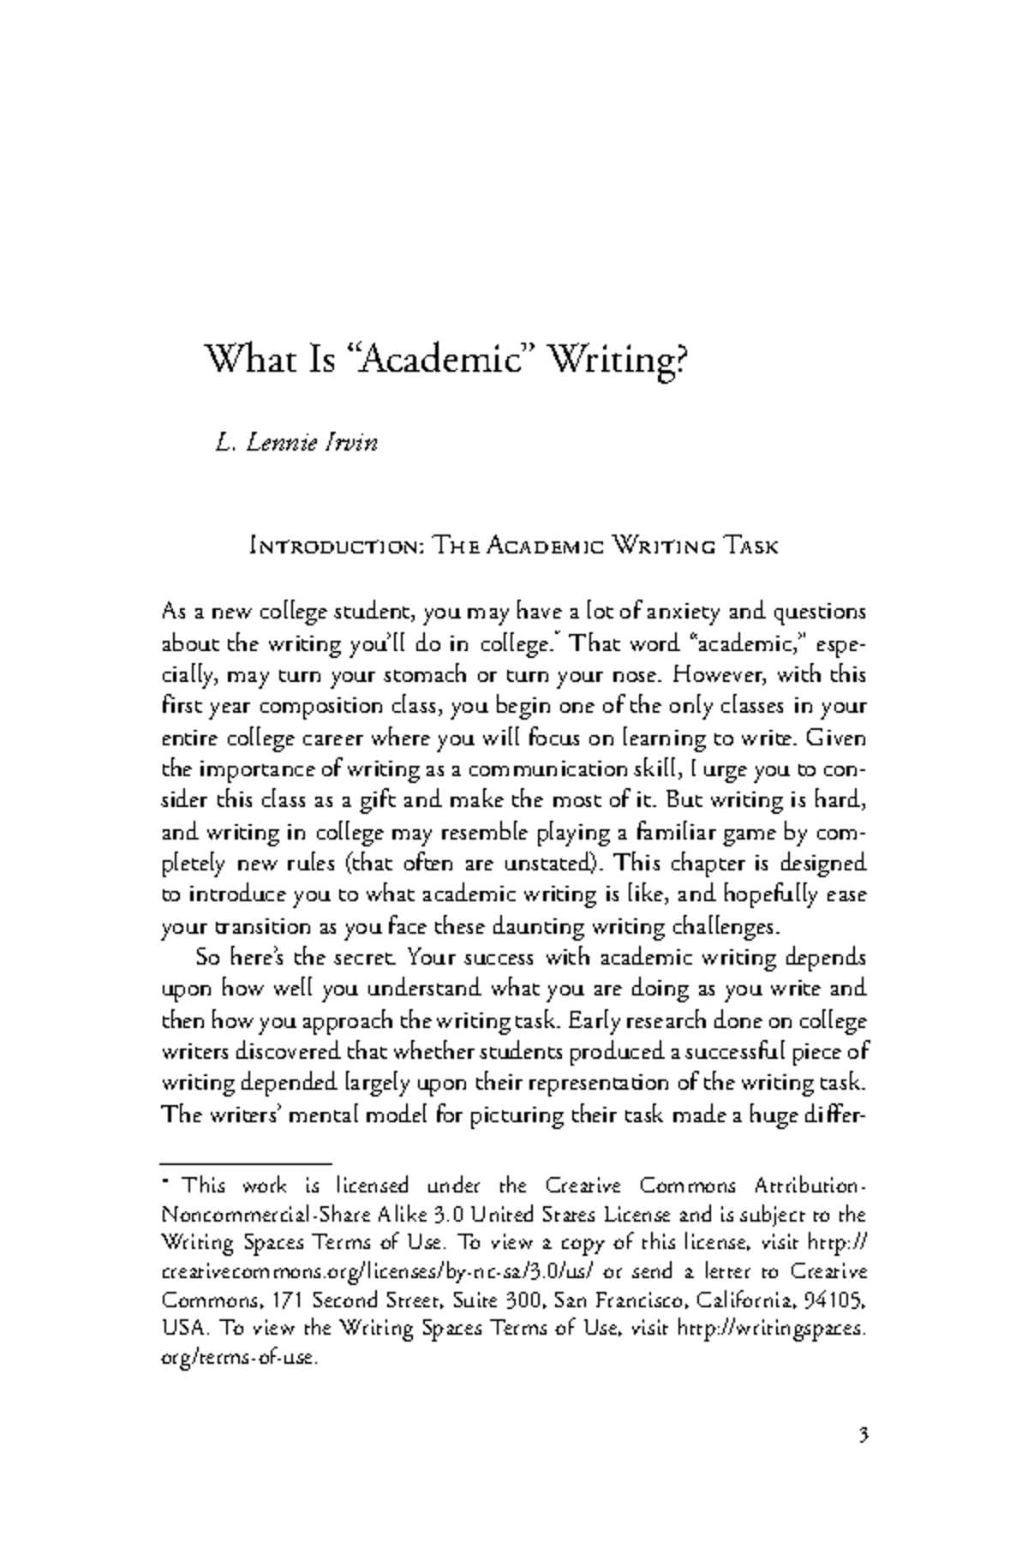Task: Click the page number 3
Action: tap(864, 1435)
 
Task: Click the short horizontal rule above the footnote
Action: tap(246, 1163)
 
